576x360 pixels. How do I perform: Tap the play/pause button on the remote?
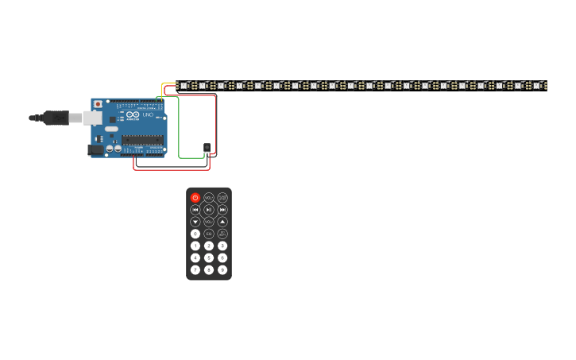(209, 210)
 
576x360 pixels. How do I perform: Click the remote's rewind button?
(195, 210)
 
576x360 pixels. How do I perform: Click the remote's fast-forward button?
(222, 210)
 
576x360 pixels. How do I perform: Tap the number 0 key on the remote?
(195, 234)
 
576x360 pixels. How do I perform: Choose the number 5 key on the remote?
(209, 257)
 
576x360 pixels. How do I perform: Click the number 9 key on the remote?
(222, 269)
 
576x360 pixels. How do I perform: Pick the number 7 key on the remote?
(195, 269)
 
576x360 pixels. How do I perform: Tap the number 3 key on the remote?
(222, 246)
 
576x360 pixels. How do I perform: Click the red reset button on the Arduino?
(99, 104)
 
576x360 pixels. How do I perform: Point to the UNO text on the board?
(148, 116)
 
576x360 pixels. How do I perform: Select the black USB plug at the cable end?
(56, 118)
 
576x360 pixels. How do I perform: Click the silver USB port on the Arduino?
(92, 118)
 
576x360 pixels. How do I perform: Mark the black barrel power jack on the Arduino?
(95, 149)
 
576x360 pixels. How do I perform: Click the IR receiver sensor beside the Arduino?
(207, 147)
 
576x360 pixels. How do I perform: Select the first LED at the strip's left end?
(184, 85)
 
